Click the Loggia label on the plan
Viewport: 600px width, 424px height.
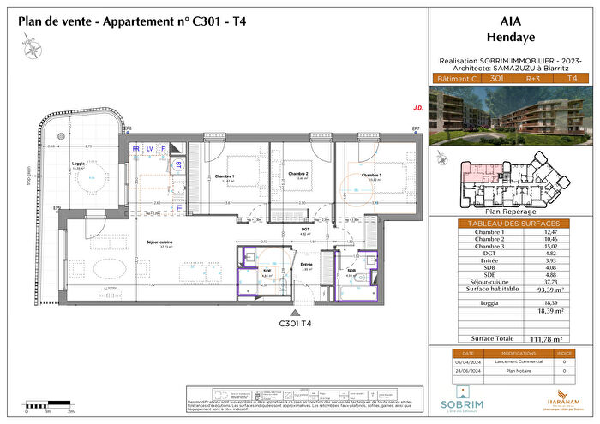coord(79,164)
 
